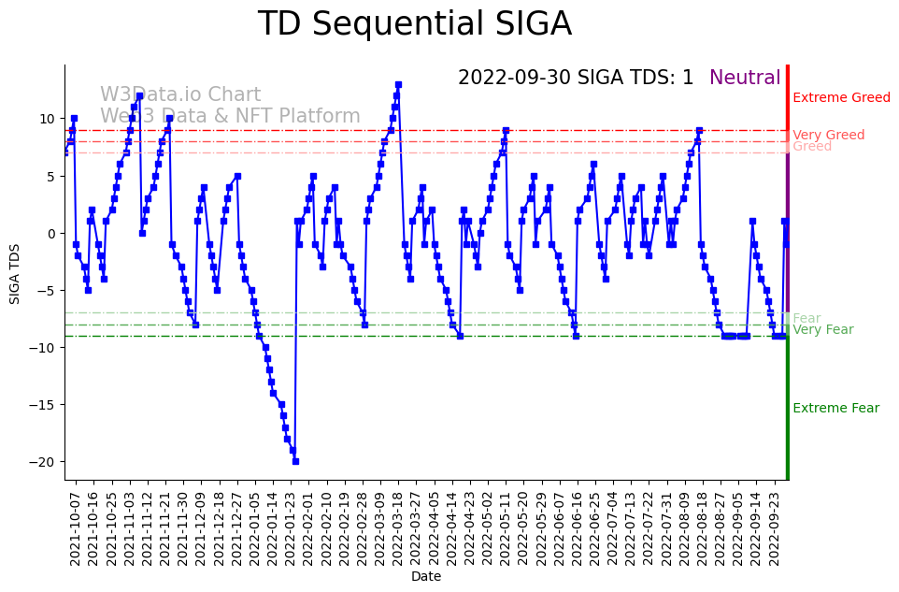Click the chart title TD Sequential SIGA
[x=414, y=24]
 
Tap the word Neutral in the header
[x=745, y=79]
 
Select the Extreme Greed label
[x=841, y=98]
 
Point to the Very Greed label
[x=828, y=136]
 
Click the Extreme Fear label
[x=835, y=409]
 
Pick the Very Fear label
[x=822, y=330]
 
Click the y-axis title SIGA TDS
[x=15, y=272]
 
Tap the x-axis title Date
[x=425, y=577]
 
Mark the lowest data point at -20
[x=295, y=461]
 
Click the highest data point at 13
[x=398, y=85]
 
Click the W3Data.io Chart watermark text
[x=180, y=95]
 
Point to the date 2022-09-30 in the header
[x=514, y=79]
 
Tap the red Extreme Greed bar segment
[x=788, y=103]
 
